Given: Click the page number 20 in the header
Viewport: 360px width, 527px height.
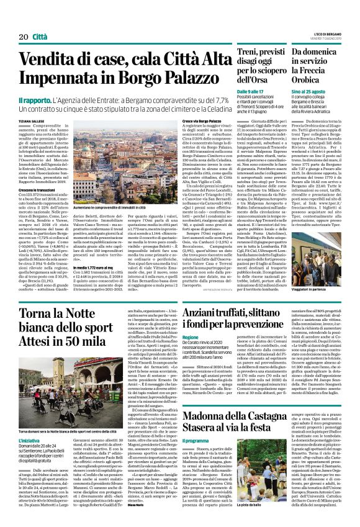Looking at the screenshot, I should [15, 20].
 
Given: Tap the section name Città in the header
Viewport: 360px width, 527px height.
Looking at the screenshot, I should [39, 20].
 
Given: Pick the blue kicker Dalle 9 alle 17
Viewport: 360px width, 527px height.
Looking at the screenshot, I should [250, 92].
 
